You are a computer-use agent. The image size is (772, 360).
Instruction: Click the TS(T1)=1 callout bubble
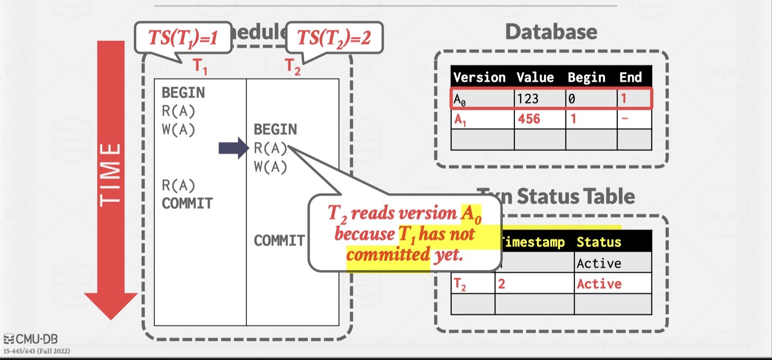[183, 38]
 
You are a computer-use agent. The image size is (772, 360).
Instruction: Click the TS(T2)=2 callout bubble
[334, 38]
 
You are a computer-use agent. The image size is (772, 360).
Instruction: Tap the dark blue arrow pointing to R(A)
[233, 148]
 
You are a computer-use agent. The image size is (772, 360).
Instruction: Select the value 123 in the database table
[528, 99]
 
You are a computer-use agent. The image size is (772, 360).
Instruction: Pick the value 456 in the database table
[529, 119]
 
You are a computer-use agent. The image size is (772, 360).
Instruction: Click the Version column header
[479, 77]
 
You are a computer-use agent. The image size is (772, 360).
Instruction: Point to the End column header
[630, 77]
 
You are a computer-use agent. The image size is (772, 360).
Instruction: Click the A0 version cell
[460, 99]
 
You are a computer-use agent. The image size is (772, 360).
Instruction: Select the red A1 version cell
[460, 120]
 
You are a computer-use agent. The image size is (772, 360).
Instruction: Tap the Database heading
[551, 32]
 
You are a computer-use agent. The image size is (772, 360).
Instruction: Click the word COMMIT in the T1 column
[187, 203]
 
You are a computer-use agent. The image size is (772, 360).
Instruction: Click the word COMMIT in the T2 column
[279, 240]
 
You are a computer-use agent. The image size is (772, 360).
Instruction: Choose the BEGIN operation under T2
[275, 129]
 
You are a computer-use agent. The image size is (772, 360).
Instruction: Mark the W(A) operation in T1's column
[178, 129]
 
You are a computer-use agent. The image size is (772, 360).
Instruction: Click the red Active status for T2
[599, 284]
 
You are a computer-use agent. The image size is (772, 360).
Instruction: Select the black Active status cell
[599, 263]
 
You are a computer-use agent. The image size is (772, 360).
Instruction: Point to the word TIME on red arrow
[111, 174]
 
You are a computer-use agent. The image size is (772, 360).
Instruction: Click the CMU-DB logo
[31, 339]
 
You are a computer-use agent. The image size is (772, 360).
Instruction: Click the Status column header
[599, 242]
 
